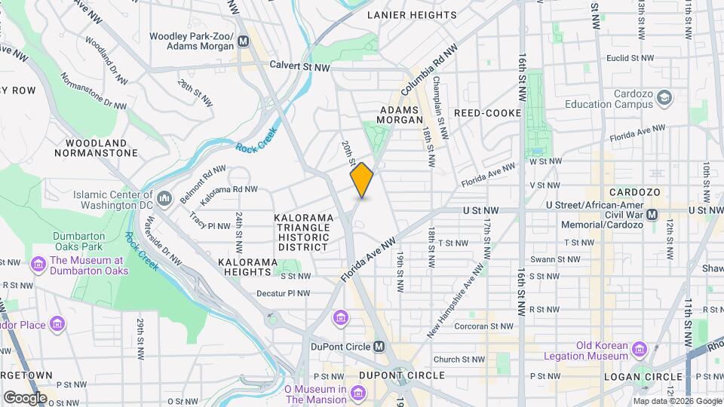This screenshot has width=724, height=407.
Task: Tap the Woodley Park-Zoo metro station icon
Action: pos(244,41)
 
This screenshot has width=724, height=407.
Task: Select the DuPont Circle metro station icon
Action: pos(379,347)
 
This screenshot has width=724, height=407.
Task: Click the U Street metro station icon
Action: pos(653,215)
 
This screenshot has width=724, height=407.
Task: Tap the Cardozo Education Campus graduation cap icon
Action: pos(664,98)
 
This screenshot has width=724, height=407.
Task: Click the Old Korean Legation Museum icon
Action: pos(640,350)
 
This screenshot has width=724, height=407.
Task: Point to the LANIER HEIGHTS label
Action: pos(413,15)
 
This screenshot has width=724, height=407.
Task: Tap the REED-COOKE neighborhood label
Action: pos(487,113)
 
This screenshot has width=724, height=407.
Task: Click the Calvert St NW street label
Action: pos(300,67)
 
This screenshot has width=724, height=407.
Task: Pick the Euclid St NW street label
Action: pos(627,57)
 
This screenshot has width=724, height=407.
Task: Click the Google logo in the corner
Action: pos(25,397)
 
